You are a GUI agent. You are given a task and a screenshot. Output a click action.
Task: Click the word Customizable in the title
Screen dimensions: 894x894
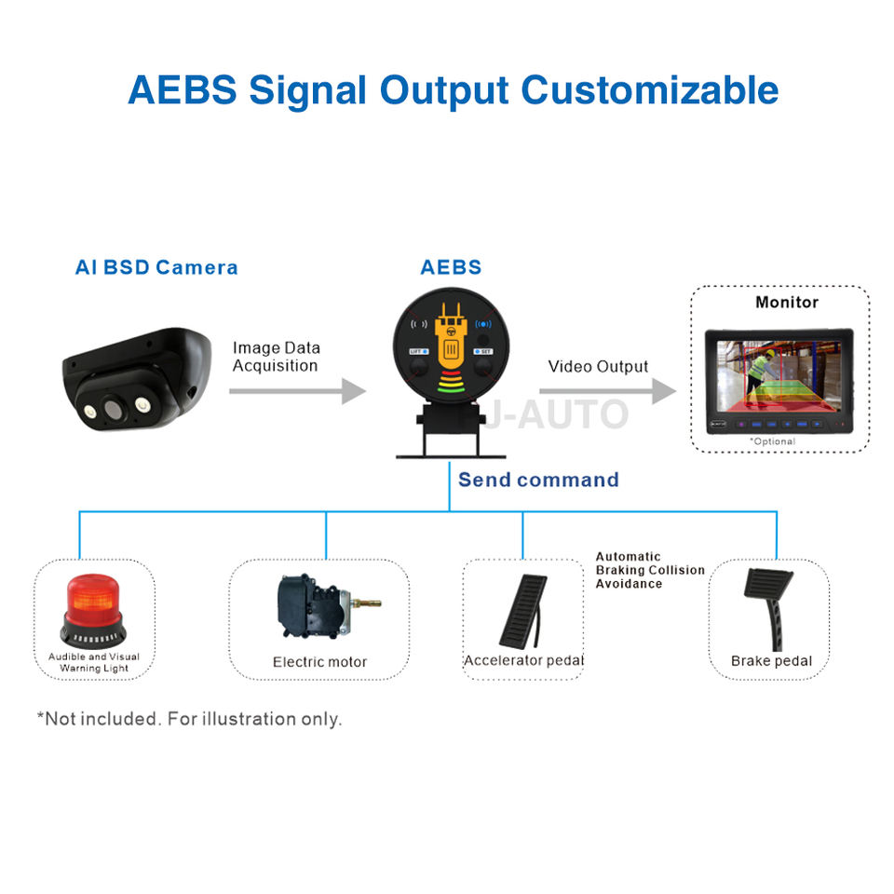point(649,90)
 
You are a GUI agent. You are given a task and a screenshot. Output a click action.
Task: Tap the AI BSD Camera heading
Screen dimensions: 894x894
point(156,267)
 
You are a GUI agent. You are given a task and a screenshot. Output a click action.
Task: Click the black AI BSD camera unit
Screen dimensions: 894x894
point(137,379)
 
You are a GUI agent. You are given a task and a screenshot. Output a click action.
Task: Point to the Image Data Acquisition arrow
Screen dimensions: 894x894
point(297,391)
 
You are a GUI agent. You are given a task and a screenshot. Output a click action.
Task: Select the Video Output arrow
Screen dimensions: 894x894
point(608,391)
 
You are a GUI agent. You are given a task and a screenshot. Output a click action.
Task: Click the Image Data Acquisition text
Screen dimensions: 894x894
point(276,357)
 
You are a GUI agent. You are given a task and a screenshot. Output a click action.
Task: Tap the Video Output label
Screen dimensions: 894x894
point(598,367)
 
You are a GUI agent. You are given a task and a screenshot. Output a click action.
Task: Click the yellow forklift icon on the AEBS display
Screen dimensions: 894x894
point(451,336)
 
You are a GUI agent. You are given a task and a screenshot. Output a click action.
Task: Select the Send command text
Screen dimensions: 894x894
point(538,480)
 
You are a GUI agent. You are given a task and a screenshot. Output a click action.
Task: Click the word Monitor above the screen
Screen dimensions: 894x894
point(787,302)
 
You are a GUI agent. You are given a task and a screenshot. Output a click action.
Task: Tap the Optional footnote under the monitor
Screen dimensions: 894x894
point(773,441)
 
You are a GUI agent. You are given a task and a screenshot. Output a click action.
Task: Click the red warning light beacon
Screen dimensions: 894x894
point(93,611)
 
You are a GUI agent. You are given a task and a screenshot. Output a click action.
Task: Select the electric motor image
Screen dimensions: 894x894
point(328,606)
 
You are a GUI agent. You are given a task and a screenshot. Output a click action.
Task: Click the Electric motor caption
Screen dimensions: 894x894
point(319,662)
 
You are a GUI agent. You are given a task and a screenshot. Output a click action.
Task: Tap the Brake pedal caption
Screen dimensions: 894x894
point(771,661)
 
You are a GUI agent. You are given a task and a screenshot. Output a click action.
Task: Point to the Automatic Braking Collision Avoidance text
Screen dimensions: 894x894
point(650,570)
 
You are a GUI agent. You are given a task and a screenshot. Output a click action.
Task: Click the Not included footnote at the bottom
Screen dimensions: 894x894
point(189,719)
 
